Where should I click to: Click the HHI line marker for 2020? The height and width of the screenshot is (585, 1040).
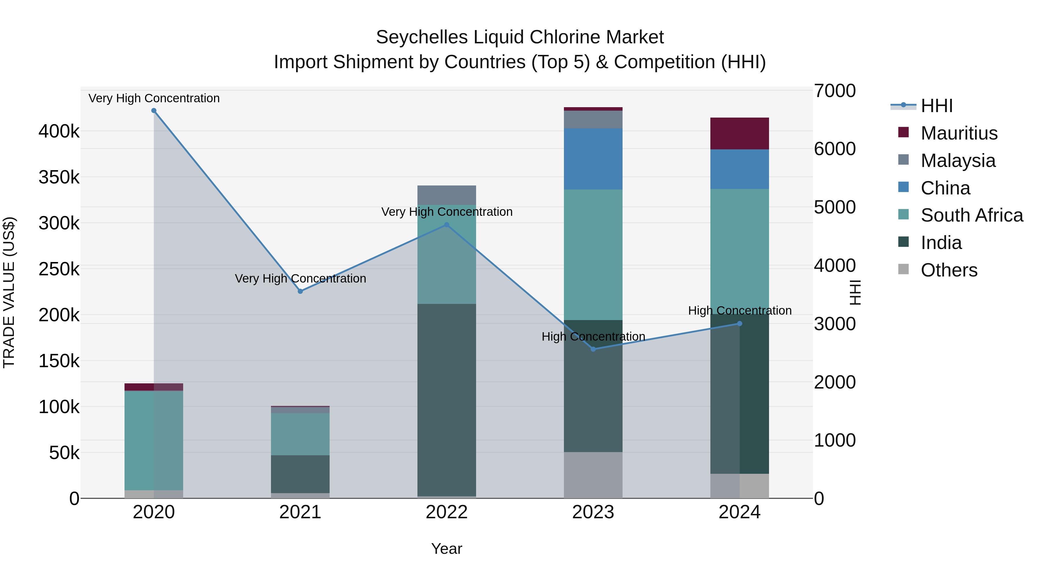click(x=154, y=111)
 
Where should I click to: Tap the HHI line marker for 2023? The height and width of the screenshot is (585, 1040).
click(x=593, y=349)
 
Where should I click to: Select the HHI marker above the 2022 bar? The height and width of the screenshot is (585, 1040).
click(x=447, y=225)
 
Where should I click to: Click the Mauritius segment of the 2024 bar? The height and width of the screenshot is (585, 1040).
click(x=739, y=134)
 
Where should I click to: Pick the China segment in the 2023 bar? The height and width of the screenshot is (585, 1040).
click(x=593, y=159)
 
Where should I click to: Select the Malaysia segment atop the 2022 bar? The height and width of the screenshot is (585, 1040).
click(x=447, y=195)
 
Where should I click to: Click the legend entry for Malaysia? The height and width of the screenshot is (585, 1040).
click(x=958, y=161)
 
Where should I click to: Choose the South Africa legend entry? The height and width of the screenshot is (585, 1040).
click(x=971, y=215)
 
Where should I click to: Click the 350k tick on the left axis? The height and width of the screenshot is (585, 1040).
click(x=59, y=177)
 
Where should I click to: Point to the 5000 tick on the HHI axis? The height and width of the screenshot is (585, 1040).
click(x=834, y=207)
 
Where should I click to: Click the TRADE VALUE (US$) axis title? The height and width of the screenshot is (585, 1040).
click(x=9, y=292)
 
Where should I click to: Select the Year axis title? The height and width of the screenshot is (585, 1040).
click(x=447, y=549)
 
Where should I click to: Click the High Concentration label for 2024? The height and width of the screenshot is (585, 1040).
click(x=739, y=311)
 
